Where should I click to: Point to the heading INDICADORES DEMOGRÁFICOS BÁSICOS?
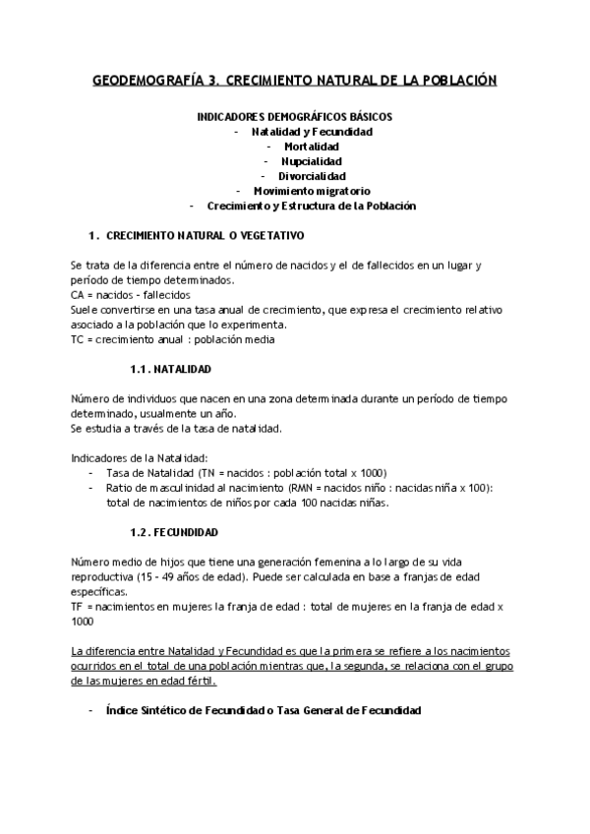pos(295,116)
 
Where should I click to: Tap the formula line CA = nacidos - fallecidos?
pos(131,295)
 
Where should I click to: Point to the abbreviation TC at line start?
pos(78,339)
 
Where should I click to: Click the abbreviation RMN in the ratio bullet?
pos(280,489)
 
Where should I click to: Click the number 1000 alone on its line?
pos(82,622)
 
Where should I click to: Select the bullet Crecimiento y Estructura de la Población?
pos(312,206)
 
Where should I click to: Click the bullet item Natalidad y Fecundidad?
pos(311,132)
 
